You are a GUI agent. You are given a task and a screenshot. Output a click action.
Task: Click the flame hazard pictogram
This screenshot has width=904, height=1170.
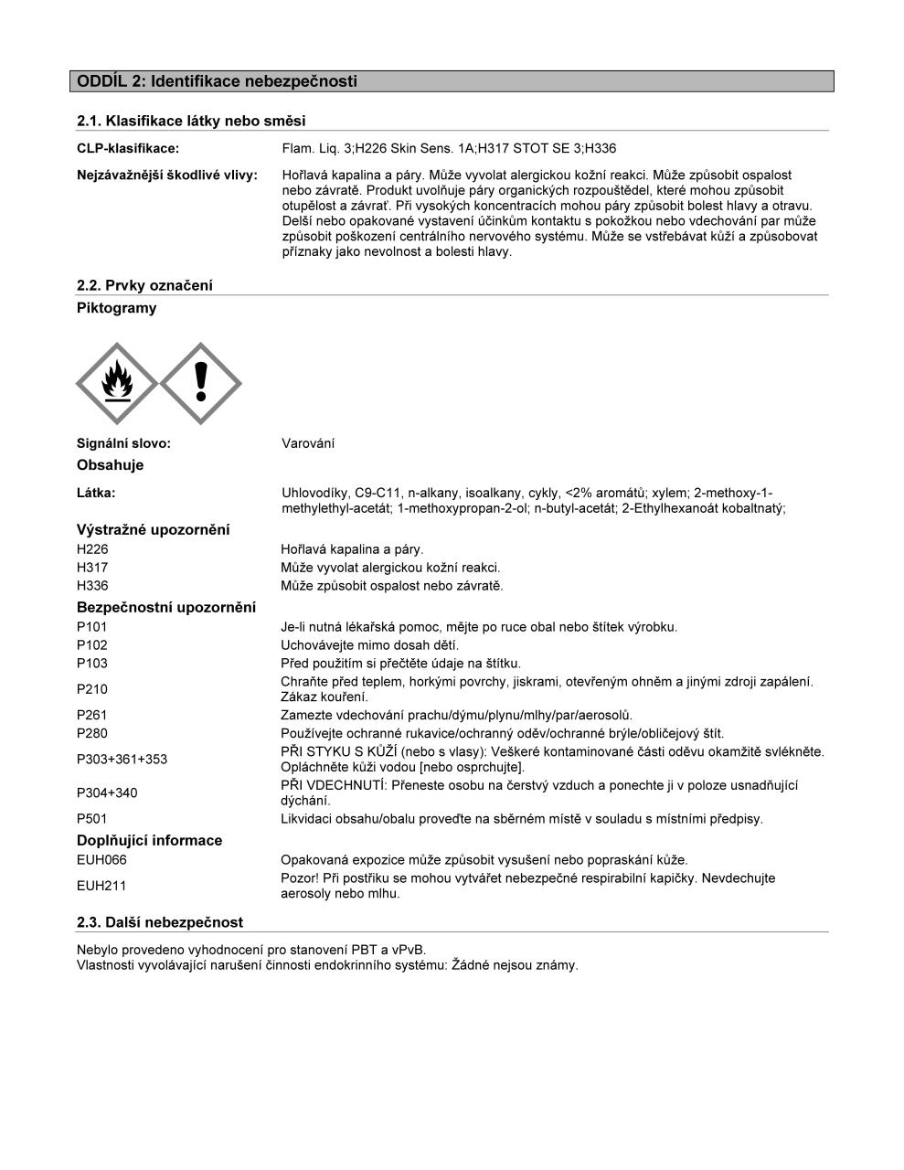pos(117,384)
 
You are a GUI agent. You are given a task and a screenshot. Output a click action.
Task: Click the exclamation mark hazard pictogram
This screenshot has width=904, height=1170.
pos(201,384)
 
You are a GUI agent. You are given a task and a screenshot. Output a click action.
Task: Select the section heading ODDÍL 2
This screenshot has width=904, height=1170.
pos(218,81)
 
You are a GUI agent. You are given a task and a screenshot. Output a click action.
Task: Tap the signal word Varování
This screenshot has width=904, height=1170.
pos(308,443)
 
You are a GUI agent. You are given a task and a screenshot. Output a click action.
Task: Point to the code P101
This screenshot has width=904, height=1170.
pos(92,627)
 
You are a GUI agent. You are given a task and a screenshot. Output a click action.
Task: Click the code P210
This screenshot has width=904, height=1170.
pos(92,689)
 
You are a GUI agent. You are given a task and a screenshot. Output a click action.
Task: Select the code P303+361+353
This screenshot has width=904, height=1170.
pos(122,759)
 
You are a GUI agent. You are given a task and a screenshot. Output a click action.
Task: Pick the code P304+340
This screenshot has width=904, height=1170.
pos(107,792)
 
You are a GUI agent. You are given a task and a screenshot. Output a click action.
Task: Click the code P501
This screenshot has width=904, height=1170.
pos(92,819)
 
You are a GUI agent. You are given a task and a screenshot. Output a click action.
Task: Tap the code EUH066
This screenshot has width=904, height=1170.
pos(101,860)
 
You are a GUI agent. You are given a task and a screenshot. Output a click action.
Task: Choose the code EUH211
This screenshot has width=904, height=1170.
pos(101,886)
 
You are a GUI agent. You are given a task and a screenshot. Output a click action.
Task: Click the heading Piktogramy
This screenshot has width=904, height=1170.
pos(117,308)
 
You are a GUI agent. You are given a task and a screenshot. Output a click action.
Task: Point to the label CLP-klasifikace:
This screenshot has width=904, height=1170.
pos(128,148)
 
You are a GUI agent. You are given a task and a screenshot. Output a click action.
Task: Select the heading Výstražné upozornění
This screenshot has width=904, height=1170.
pos(154,530)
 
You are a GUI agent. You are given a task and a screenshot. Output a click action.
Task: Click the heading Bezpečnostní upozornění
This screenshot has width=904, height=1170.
pos(166,608)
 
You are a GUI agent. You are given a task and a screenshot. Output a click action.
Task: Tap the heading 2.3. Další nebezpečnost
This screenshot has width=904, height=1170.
pos(160,922)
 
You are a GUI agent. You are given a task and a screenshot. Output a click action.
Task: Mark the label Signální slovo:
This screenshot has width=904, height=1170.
pos(124,443)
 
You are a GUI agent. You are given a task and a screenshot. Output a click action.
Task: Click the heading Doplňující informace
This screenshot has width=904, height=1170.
pos(150,841)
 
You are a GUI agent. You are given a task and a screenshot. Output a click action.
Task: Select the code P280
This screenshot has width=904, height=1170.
pos(92,733)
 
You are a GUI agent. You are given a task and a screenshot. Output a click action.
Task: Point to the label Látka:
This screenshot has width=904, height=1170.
pos(97,493)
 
